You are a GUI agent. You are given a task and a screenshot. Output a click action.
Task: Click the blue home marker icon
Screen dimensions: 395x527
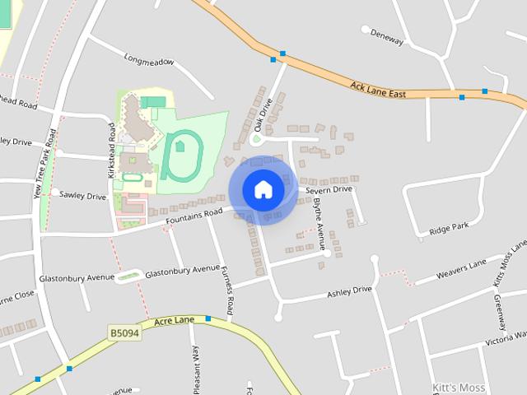[263, 189]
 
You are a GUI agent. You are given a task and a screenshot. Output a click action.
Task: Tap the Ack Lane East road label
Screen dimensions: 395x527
[378, 90]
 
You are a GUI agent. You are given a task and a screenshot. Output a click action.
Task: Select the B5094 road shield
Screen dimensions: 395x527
[124, 332]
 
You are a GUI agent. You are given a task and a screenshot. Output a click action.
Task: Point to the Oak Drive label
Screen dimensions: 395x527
[262, 115]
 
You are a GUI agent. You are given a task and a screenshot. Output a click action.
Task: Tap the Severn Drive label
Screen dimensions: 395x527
[329, 189]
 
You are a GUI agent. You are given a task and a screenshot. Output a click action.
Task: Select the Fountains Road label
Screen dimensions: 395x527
[194, 216]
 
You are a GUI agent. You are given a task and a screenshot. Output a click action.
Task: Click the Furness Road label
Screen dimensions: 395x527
[231, 289]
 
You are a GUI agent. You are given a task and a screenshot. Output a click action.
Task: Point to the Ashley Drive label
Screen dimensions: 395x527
[350, 292]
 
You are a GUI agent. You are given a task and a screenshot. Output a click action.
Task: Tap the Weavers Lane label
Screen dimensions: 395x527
[461, 269]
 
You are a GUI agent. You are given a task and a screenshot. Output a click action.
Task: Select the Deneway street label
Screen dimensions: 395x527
[387, 39]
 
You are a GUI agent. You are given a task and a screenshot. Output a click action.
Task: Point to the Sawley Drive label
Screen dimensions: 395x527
[84, 197]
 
